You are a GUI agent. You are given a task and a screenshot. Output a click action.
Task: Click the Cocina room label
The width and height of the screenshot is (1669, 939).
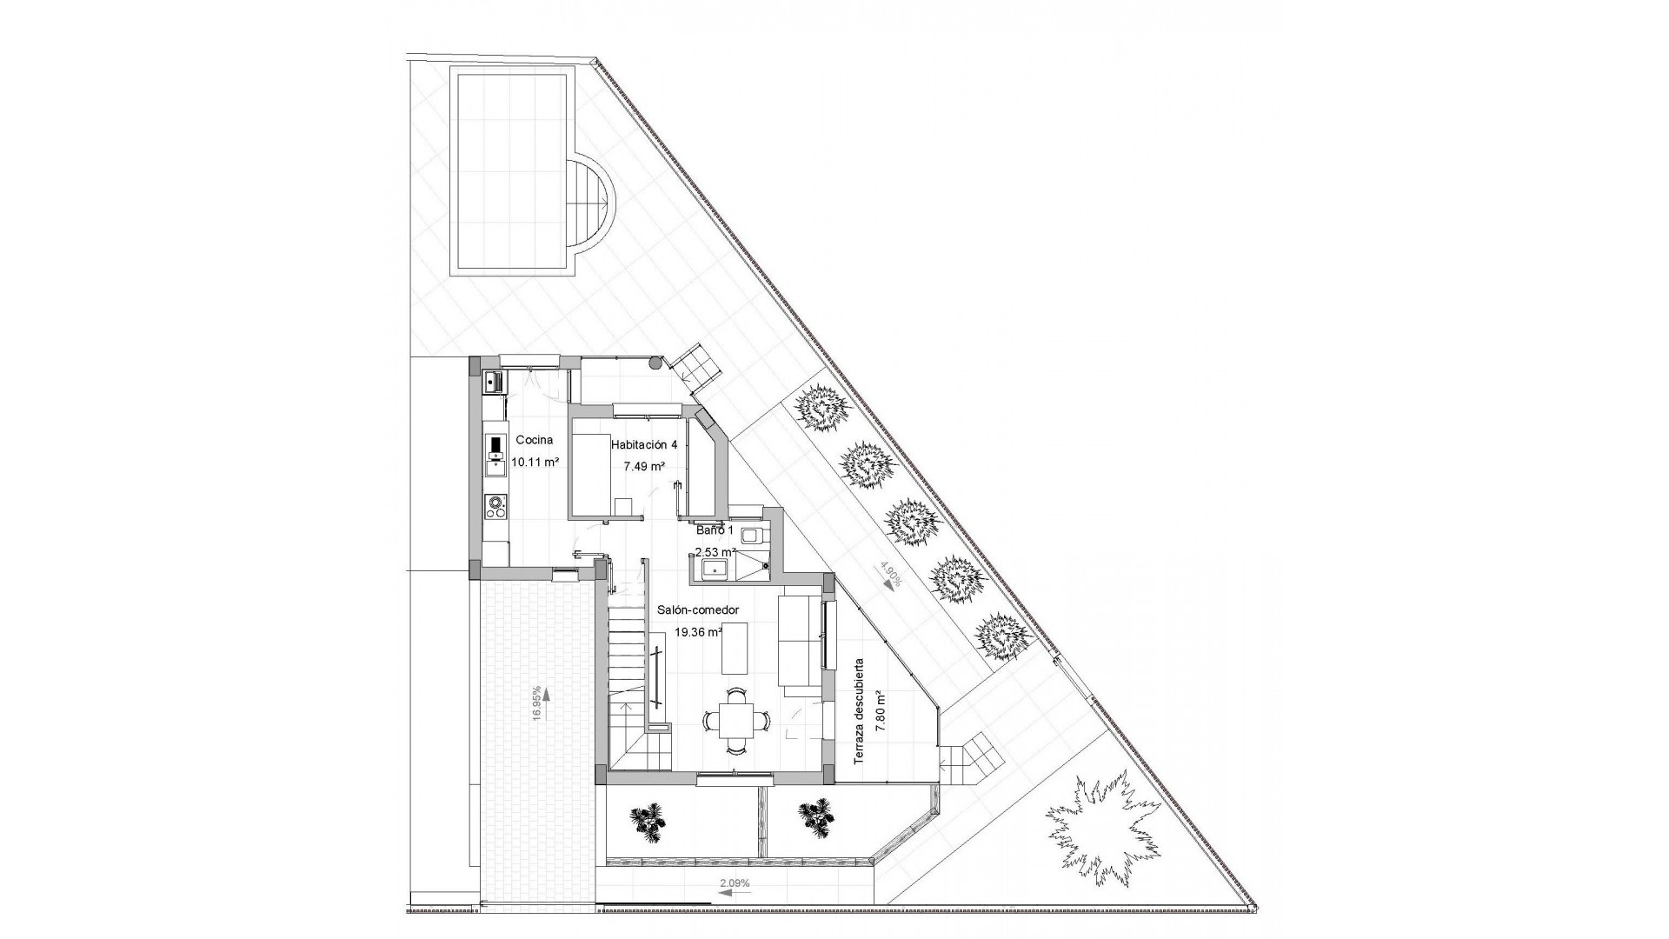tap(531, 440)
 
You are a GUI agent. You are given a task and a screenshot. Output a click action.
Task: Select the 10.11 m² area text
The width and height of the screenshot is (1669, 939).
tap(535, 463)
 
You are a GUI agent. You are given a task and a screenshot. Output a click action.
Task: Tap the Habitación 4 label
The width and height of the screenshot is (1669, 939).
tap(644, 444)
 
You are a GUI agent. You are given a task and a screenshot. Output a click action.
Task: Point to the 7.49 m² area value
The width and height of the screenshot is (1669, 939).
tap(644, 466)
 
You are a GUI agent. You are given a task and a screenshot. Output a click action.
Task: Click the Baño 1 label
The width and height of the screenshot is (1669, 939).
tap(715, 529)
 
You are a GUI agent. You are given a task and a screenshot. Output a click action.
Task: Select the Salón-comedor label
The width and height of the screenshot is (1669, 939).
tap(698, 610)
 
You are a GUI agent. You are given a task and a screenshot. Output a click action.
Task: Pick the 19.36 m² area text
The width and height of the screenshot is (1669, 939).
tap(698, 633)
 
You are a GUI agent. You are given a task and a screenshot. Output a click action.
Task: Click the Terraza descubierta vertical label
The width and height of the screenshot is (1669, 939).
tap(859, 711)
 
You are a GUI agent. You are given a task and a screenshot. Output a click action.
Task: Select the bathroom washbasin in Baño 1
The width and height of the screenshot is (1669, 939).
tap(714, 569)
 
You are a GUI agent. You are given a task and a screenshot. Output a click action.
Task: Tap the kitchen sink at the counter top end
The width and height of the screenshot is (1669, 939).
tap(493, 381)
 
